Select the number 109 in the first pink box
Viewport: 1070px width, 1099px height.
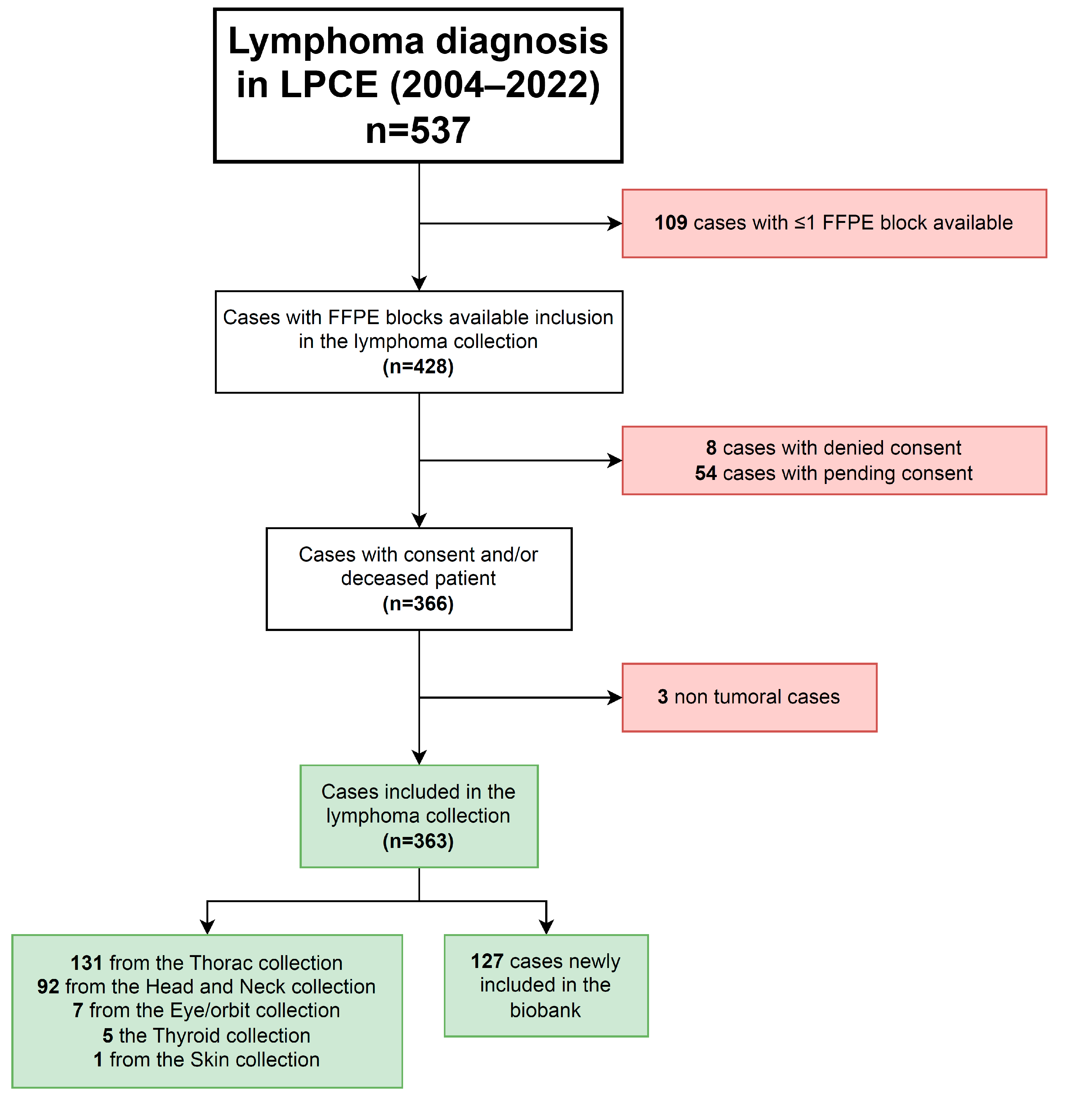click(x=670, y=223)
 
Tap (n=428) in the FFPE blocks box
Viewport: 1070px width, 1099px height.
click(x=418, y=367)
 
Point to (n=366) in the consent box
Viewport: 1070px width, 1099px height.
click(x=418, y=604)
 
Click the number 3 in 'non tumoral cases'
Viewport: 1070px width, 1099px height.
click(x=663, y=697)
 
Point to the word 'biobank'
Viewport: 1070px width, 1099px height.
click(x=545, y=1010)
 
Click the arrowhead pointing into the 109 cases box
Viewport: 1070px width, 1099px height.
click(x=615, y=223)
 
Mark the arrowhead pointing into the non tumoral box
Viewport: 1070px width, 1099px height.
click(x=615, y=697)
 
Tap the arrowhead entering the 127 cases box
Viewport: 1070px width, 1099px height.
click(x=546, y=928)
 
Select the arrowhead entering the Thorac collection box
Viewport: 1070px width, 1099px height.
click(x=207, y=928)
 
